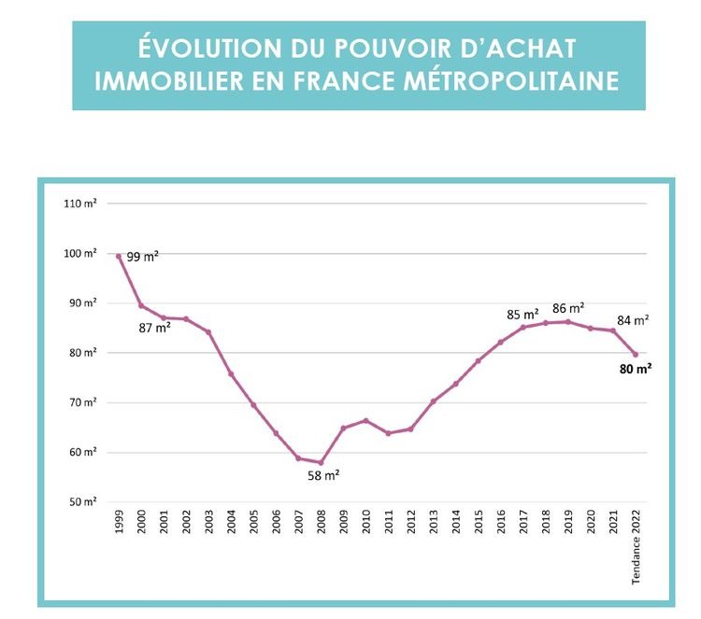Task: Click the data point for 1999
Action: [x=119, y=256]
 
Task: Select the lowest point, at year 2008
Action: [x=321, y=462]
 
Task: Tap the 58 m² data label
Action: [x=323, y=475]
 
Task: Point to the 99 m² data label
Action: [x=143, y=256]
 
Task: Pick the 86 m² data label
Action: [x=568, y=308]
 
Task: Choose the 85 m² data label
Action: [x=523, y=314]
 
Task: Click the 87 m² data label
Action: [x=155, y=328]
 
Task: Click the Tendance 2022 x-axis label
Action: [x=636, y=550]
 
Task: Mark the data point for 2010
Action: [x=365, y=420]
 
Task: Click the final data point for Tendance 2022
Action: [x=636, y=354]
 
